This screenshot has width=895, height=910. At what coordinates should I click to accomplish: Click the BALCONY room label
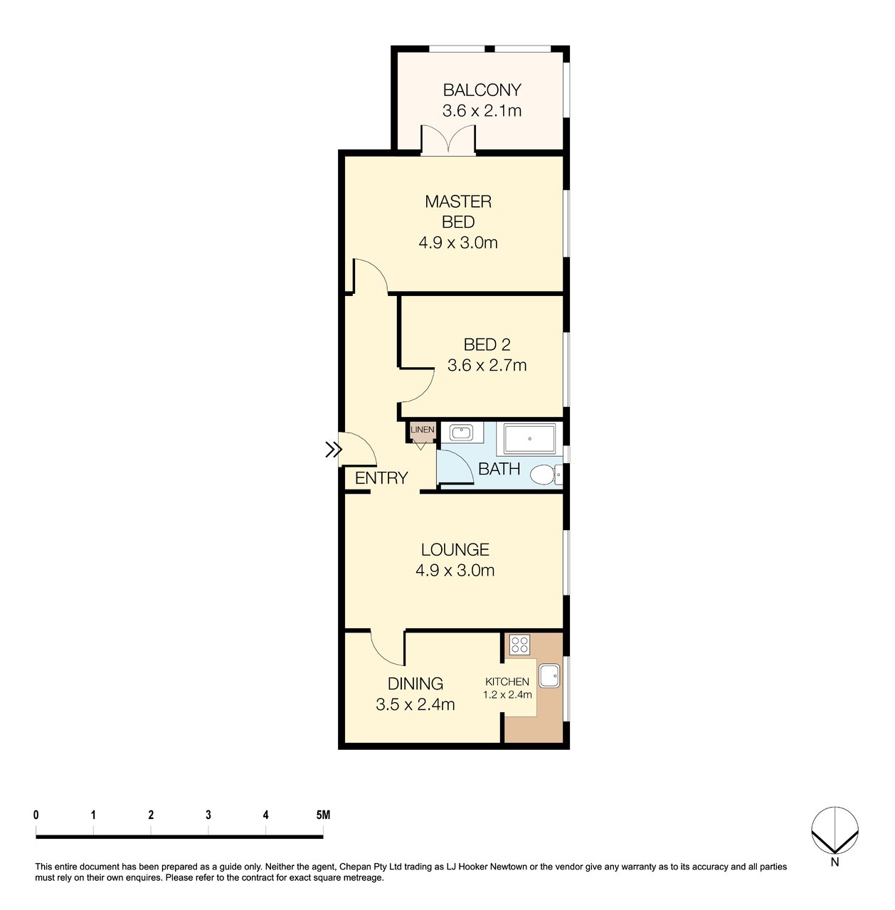482,90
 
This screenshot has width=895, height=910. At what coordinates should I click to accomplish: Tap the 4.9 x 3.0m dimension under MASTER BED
458,243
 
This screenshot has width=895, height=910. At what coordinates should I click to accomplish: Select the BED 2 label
487,345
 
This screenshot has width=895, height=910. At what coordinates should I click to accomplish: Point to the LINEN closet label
422,430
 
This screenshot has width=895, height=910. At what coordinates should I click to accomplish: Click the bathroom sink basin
461,432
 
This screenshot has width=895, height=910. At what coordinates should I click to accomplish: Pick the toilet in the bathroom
546,474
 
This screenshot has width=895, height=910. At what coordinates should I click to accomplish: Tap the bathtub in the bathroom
529,439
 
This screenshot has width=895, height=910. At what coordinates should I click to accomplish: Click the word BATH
499,469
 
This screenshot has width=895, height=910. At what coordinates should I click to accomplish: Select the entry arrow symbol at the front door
333,450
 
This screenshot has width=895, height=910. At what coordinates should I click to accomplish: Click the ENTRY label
381,478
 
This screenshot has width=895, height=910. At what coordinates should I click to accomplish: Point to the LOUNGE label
455,550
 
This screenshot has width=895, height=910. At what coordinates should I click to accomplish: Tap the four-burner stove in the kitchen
519,644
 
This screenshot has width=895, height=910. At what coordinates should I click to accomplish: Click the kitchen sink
549,676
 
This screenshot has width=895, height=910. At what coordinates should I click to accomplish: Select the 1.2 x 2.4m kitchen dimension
507,694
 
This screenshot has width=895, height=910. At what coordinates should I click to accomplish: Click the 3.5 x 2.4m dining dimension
415,704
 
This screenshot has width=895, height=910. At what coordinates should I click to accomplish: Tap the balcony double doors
447,140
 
